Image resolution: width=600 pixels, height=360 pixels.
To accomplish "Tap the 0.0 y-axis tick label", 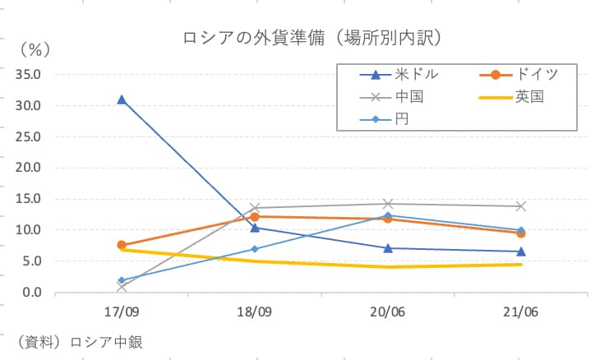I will point(32,293).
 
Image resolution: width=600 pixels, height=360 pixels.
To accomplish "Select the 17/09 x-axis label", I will point(122,312).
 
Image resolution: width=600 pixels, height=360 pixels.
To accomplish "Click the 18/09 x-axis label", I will point(255,312).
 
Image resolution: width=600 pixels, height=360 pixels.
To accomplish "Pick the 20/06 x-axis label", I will point(387,312).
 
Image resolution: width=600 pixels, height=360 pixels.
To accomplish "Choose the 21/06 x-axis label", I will point(520,312).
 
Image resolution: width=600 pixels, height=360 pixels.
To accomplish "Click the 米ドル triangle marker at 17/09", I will point(122,99).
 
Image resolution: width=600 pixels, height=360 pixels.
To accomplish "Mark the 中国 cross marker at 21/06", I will point(520,206).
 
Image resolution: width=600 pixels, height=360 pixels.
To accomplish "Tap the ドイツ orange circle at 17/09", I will point(122,245).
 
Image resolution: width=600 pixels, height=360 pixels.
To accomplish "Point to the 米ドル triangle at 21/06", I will point(520,252).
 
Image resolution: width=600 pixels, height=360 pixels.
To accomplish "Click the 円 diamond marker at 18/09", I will point(255,249).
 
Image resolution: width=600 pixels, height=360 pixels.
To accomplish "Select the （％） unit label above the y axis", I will point(35,49).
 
